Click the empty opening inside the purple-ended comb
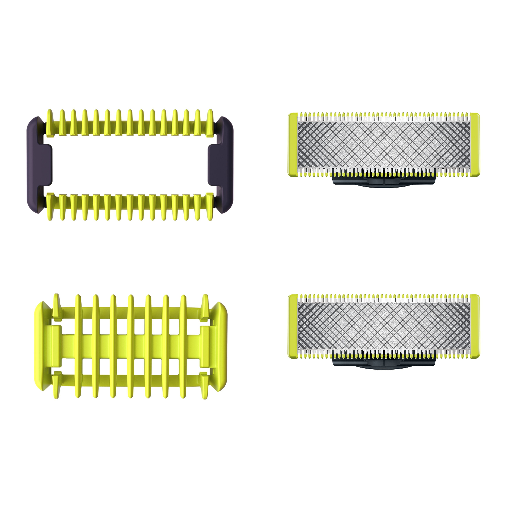(x=129, y=165)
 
